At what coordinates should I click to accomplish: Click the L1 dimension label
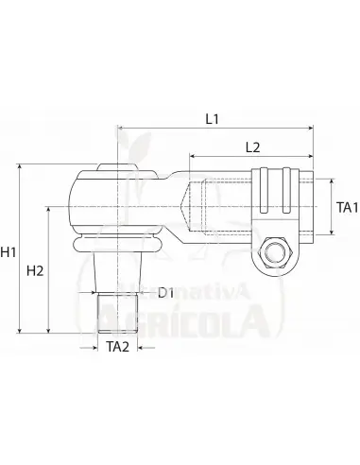coord(212,121)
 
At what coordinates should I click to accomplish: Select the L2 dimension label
coord(253,147)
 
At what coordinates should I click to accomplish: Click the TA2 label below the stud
coord(117,347)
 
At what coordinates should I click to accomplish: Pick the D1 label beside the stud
coord(165,294)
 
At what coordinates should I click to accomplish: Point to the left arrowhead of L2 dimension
coord(193,156)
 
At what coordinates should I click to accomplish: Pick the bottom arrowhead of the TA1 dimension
coord(331,233)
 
